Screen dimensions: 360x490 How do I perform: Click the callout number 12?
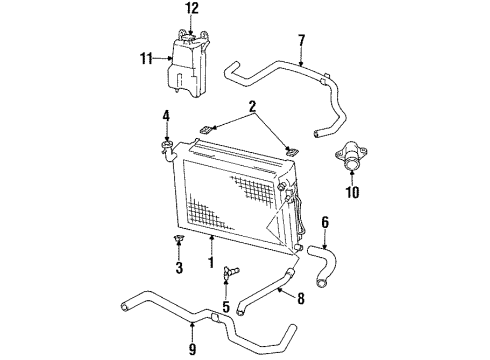pyautogui.click(x=192, y=9)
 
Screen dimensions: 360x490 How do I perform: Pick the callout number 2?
pyautogui.click(x=254, y=105)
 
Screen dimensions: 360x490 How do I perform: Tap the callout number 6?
pyautogui.click(x=325, y=222)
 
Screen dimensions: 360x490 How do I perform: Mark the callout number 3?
pyautogui.click(x=178, y=268)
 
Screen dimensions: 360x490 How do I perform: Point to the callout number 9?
pyautogui.click(x=192, y=350)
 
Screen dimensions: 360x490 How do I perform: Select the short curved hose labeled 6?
pyautogui.click(x=329, y=256)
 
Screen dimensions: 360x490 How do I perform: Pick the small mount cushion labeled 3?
pyautogui.click(x=178, y=240)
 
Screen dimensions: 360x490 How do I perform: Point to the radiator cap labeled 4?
pyautogui.click(x=166, y=150)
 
